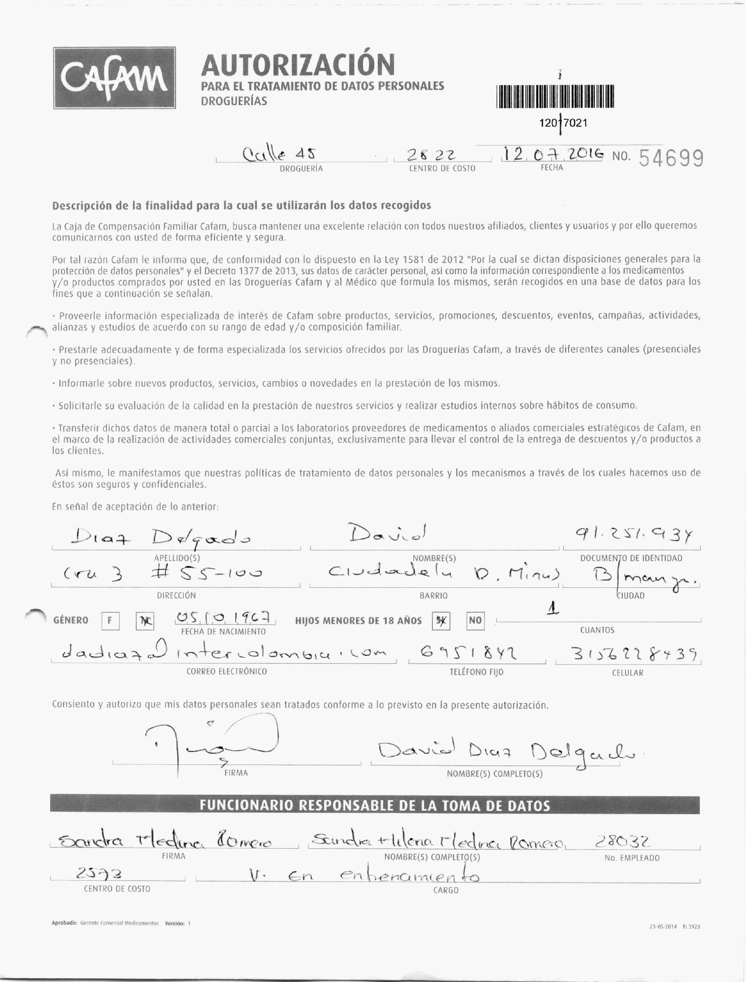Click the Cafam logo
(114, 78)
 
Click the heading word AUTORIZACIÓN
(297, 65)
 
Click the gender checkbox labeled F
(110, 621)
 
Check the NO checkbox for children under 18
(475, 621)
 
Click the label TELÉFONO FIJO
(476, 672)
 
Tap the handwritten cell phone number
(628, 654)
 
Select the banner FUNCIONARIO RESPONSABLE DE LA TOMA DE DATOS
(375, 806)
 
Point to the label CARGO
(445, 890)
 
